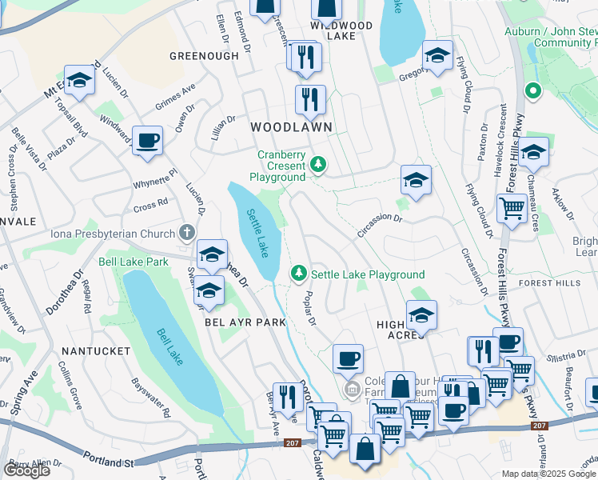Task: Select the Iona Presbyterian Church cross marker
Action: point(186,234)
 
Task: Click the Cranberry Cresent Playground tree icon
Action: point(319,165)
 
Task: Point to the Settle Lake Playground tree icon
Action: point(299,274)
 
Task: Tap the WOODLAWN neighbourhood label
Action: point(290,127)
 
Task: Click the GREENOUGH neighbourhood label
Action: point(204,56)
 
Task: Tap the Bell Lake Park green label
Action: point(134,262)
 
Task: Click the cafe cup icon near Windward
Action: point(147,141)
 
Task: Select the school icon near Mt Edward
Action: point(78,79)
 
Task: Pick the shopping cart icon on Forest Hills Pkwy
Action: point(512,208)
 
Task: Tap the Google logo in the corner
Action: point(26,470)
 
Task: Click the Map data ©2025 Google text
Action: point(549,474)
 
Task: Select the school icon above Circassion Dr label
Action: point(416,181)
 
